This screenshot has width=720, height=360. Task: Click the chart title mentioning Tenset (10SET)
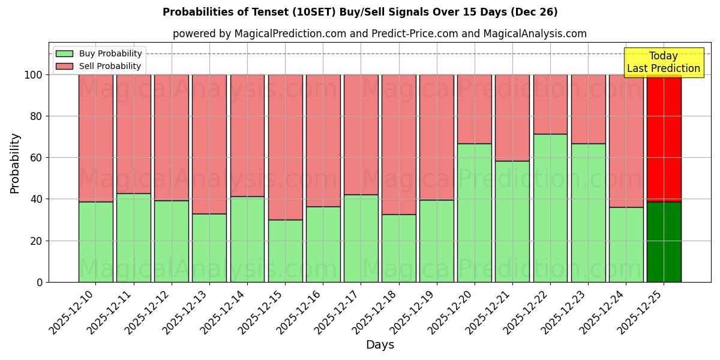[x=360, y=12]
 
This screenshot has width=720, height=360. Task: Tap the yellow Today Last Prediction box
[x=663, y=62]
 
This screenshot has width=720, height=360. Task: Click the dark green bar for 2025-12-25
[x=664, y=242]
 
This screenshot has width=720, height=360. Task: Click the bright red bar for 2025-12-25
[x=664, y=138]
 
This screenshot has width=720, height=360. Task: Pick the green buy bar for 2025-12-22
[x=550, y=208]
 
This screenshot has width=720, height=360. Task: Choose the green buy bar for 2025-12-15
[x=285, y=251]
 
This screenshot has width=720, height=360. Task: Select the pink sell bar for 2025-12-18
[x=398, y=144]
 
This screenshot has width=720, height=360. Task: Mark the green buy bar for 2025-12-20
[x=474, y=212]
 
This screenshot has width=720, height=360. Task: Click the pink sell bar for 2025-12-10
[x=95, y=138]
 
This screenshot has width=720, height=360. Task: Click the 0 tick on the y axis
[x=40, y=282]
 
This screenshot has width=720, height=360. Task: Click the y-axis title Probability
[x=15, y=163]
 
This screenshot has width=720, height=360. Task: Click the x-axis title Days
[x=380, y=345]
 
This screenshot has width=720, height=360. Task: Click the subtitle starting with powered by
[x=379, y=34]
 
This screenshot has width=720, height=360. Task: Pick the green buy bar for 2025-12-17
[x=361, y=238]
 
